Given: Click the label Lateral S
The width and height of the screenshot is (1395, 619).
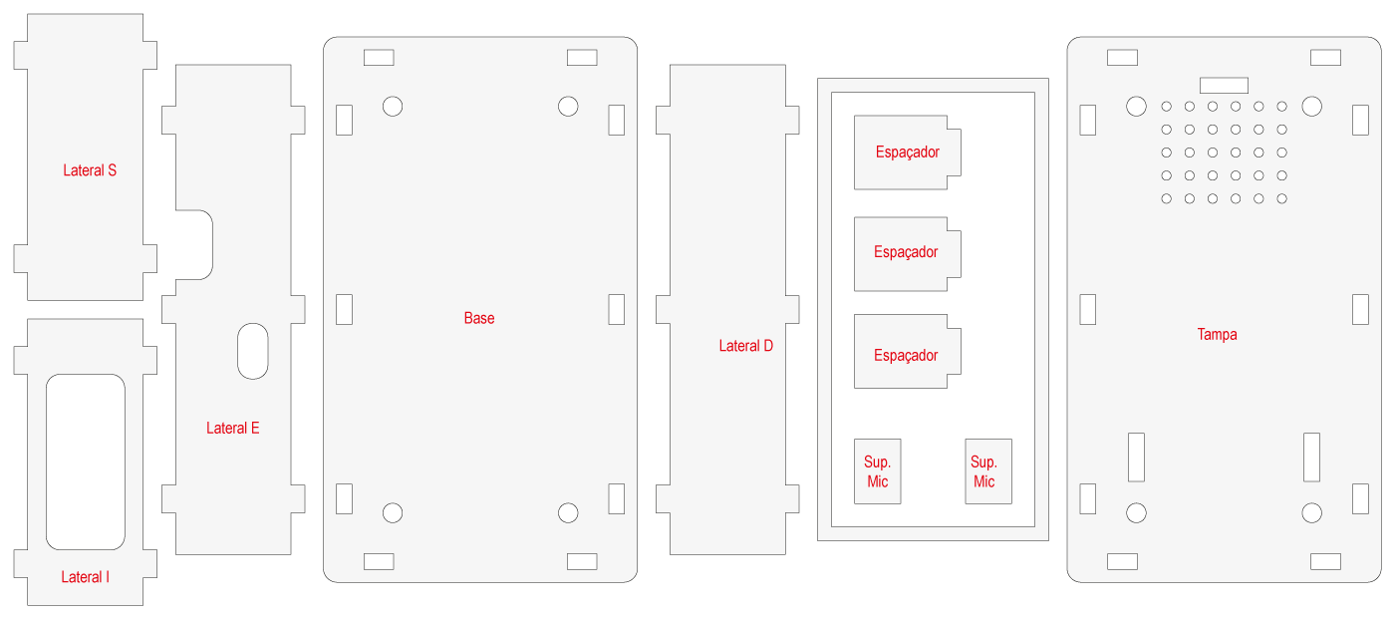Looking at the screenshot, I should pos(90,170).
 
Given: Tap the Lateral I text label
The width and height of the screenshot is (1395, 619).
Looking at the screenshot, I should pos(86,577).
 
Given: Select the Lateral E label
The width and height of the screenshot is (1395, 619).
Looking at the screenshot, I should pos(233,429).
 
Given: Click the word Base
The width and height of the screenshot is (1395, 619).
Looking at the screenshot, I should pos(479,319).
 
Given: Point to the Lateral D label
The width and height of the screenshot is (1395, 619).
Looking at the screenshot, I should pos(746,347).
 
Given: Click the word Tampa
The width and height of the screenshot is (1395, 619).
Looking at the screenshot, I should pos(1217,335).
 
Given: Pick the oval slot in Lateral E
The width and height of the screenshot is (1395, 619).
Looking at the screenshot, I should pos(253,351).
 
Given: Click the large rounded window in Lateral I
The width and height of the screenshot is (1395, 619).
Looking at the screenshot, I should pos(86,462).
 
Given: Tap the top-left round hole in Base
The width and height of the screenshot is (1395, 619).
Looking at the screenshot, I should pos(393,106).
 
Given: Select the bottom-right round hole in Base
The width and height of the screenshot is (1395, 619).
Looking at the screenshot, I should pos(568,513).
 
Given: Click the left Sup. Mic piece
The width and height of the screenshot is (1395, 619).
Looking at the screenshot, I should pos(878,471).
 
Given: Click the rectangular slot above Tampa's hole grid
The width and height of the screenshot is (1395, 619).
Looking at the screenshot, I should pos(1224,85).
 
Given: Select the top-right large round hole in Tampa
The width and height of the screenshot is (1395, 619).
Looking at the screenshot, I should pos(1311,106).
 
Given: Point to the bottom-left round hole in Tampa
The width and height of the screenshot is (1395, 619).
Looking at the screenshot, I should pos(1136,513).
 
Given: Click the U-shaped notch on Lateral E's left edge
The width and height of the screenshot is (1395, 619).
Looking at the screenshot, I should pos(195,244).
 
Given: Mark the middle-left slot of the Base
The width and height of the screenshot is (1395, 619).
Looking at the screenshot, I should pos(344,309).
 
